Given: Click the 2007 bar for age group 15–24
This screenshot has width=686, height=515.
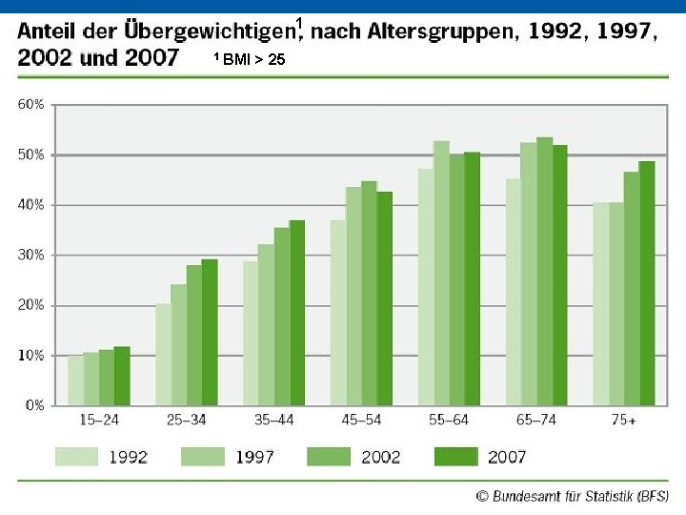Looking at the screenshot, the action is point(122,376).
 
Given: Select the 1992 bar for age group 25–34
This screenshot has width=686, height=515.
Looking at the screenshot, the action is point(164,354).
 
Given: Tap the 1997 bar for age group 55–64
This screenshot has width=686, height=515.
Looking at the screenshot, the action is point(442,273).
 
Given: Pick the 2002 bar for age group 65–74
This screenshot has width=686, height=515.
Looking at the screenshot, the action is point(545,271).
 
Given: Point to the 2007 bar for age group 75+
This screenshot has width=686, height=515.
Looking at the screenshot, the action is point(647,283).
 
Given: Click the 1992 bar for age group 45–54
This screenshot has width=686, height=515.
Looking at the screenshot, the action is point(338,313).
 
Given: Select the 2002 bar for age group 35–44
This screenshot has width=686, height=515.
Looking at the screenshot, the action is point(282,317).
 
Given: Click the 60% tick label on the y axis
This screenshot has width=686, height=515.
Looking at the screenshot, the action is point(31,104).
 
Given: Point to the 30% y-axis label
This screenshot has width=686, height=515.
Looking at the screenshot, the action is point(31,255).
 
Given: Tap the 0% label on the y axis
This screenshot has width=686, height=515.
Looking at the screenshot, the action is point(34,405).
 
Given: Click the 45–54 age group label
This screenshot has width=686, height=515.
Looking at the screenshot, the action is point(361,420).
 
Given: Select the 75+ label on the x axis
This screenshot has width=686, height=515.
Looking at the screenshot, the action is point(624,420).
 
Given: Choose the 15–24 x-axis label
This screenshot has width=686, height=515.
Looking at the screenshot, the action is point(99,420).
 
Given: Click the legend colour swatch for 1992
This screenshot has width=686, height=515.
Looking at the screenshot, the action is point(76,457).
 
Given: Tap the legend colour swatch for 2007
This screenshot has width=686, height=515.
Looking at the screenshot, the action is point(455,457).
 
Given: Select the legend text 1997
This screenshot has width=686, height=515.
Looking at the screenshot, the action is point(254,457).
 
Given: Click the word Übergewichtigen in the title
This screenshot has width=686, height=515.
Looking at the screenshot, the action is point(210,31).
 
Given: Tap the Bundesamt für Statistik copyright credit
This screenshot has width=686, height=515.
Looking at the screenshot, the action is point(573,496).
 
